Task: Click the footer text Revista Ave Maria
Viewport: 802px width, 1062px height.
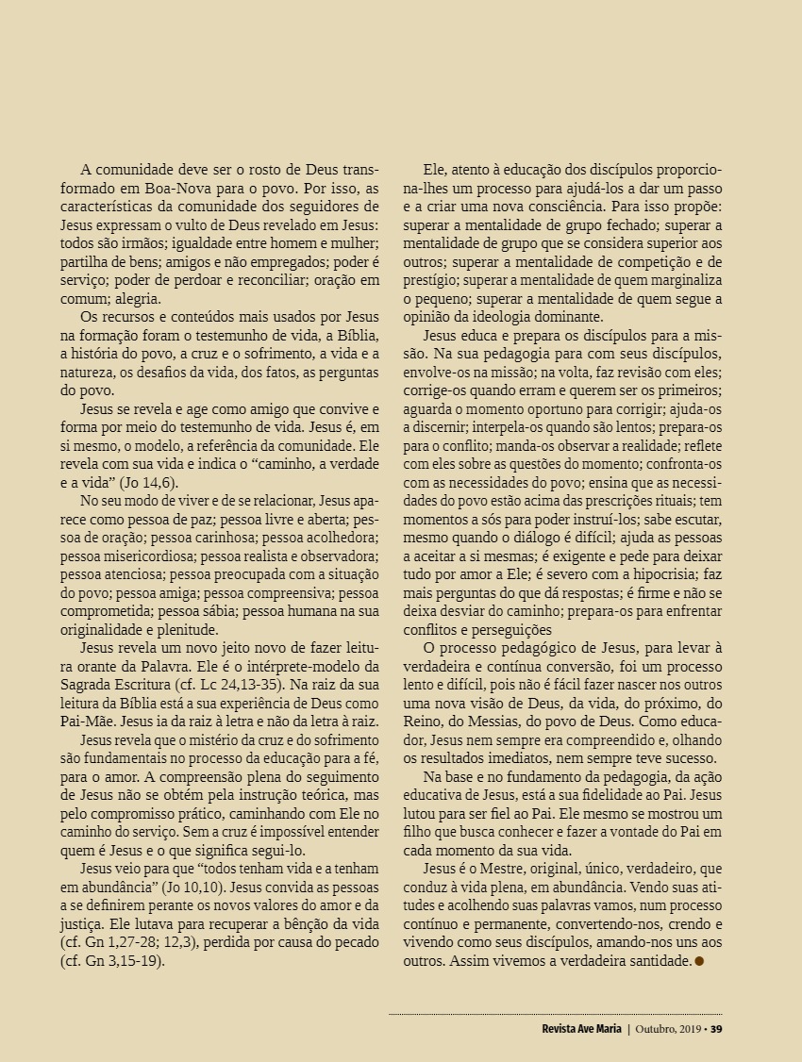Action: tap(575, 1028)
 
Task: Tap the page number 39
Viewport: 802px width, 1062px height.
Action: tap(716, 1028)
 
